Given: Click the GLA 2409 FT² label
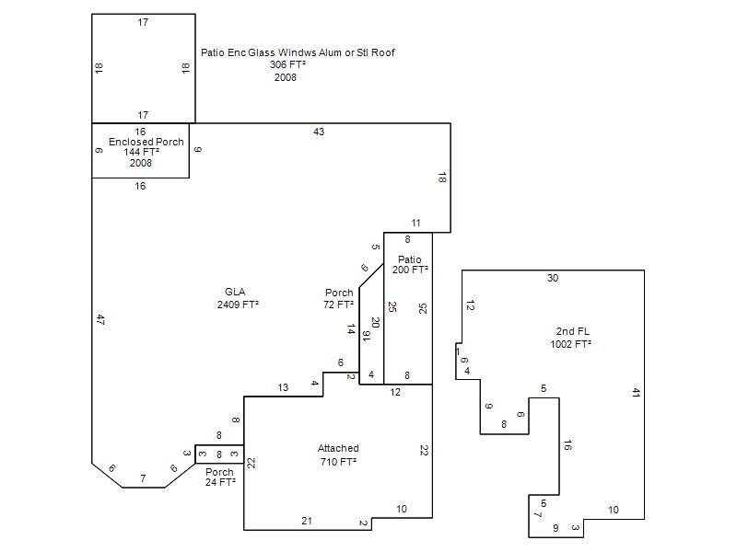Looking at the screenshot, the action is tap(238, 298).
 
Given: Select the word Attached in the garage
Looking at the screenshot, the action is tap(338, 448).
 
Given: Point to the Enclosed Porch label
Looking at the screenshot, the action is tap(146, 142).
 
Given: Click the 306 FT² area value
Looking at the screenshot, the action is tap(287, 64).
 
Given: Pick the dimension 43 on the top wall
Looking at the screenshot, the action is tap(319, 132).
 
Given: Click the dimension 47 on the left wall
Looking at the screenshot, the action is tap(100, 320).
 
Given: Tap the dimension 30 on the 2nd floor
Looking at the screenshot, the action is tap(553, 278).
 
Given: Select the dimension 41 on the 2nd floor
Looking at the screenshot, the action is tap(636, 393).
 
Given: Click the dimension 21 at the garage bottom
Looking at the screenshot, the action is tap(307, 521).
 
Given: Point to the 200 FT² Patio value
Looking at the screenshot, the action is tap(410, 270).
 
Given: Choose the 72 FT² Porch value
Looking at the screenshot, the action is tap(338, 305).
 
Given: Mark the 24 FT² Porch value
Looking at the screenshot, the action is tap(220, 482).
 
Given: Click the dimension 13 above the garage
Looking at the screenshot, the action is tap(283, 387).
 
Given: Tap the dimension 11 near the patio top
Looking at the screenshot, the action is tap(416, 223).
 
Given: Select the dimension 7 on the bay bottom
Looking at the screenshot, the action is tap(144, 478).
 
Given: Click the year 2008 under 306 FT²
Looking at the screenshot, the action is tap(286, 77).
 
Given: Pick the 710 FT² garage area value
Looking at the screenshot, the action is tap(338, 462).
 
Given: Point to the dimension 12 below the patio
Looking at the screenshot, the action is tap(395, 392).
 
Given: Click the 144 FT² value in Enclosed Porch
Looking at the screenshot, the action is tap(142, 152).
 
